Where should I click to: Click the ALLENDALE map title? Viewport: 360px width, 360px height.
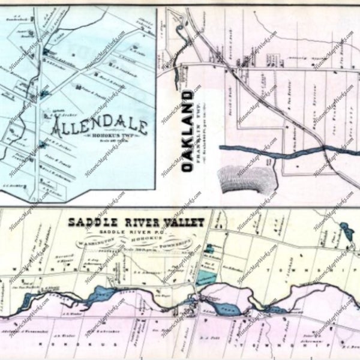100,127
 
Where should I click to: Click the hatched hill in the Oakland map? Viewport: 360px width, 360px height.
246,178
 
